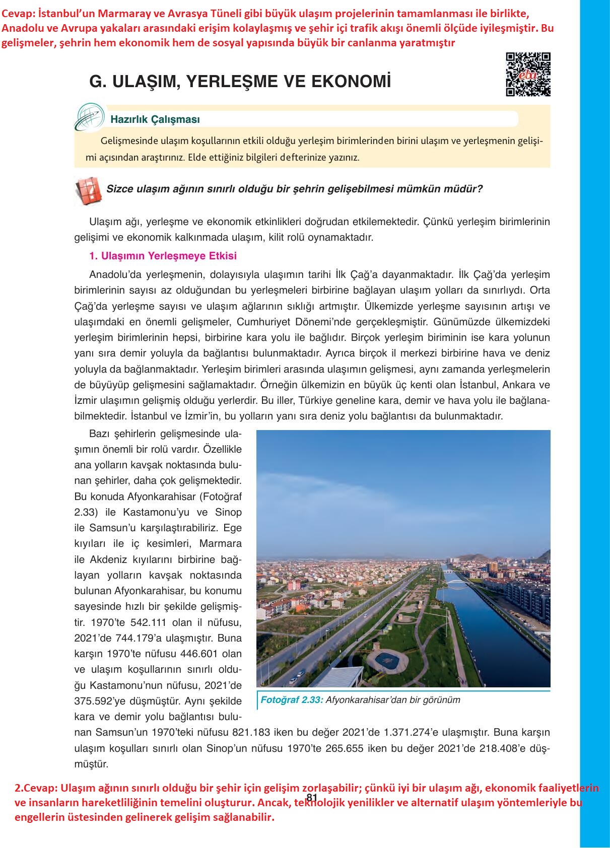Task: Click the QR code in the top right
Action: [528, 74]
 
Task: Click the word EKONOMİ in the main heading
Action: [352, 82]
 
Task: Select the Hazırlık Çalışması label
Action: [155, 120]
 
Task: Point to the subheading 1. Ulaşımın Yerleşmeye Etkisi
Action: [163, 256]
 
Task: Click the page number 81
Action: [311, 797]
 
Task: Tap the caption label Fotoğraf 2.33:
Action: [292, 699]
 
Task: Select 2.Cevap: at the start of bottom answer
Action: [35, 788]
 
